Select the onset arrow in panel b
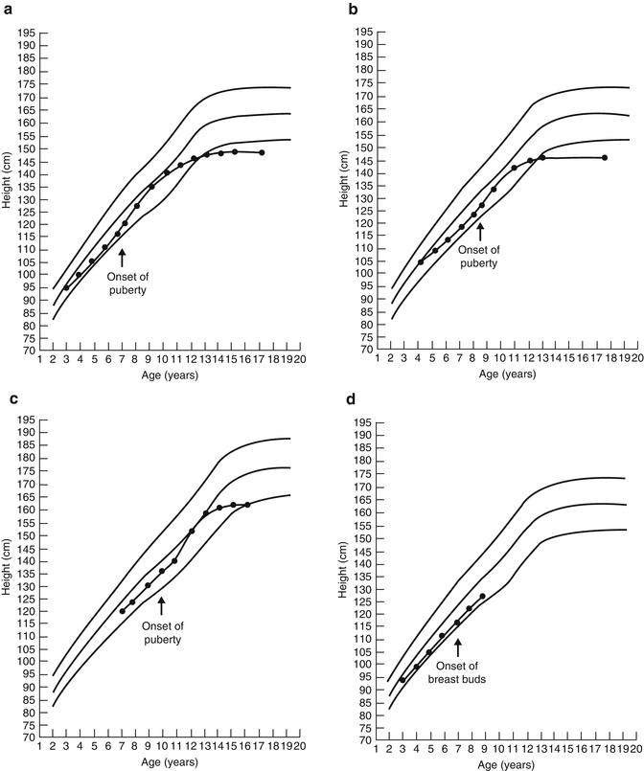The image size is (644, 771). (480, 231)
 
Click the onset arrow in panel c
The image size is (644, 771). (162, 605)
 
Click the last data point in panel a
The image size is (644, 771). (262, 153)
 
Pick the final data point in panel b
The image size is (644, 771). (604, 158)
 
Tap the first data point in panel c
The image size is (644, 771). (122, 611)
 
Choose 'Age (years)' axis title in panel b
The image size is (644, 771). (502, 374)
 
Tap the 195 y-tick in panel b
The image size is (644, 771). (362, 33)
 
